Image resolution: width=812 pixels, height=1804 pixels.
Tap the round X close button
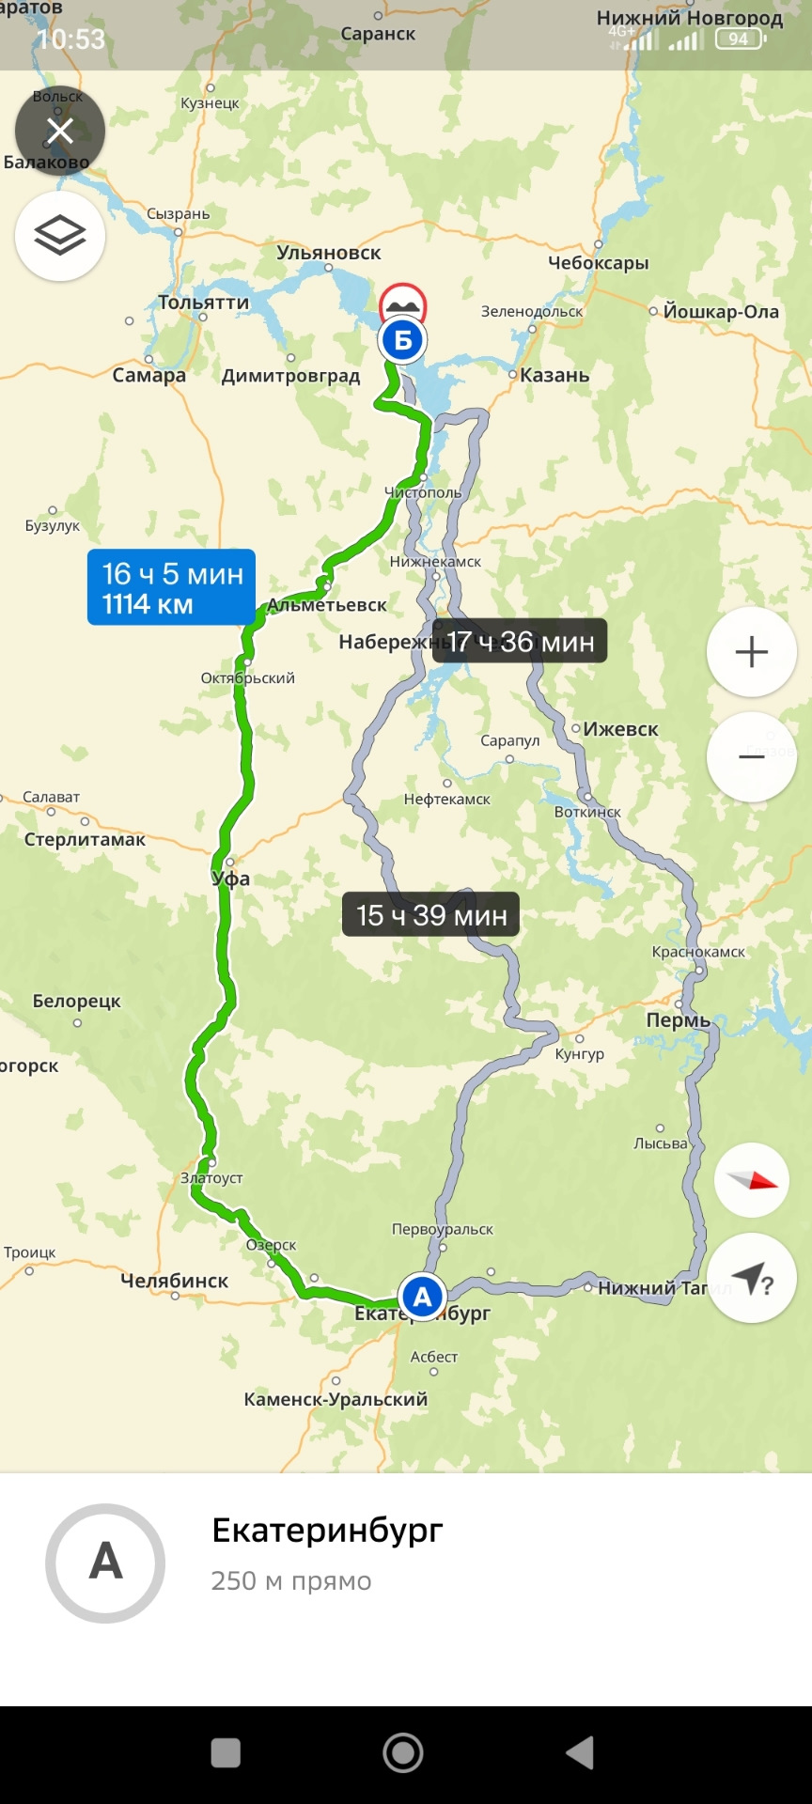click(59, 132)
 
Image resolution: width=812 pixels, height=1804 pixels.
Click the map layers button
click(59, 236)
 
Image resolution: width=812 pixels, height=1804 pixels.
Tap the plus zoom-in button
click(751, 652)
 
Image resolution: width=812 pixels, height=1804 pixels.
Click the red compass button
click(751, 1180)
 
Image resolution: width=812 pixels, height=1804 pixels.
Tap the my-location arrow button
click(751, 1278)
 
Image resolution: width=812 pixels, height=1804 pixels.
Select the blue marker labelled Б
click(402, 340)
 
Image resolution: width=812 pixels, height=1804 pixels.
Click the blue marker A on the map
click(422, 1297)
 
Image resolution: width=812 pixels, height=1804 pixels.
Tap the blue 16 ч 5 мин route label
click(171, 587)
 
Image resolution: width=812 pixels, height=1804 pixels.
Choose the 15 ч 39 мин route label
click(430, 915)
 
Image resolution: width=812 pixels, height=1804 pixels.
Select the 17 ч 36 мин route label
click(520, 642)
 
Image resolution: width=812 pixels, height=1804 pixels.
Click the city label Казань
click(554, 376)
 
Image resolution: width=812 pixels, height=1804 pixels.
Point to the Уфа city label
click(231, 879)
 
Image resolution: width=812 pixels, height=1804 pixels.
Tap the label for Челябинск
click(175, 1281)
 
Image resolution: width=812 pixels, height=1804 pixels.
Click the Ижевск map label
click(620, 729)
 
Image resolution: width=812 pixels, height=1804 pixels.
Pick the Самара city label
click(148, 376)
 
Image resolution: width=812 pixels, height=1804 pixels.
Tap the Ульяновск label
click(329, 253)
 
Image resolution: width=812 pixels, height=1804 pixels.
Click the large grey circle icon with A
click(105, 1563)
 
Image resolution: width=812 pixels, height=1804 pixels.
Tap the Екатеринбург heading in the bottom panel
click(327, 1531)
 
